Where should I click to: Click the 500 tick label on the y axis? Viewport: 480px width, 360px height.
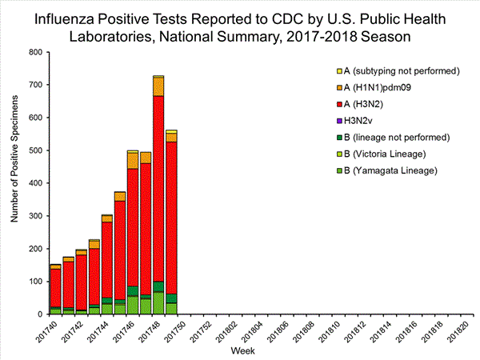[34, 150]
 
